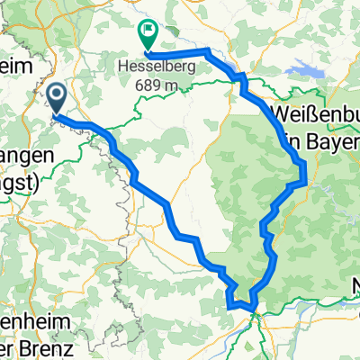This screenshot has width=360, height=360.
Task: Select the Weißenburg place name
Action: (x=314, y=113)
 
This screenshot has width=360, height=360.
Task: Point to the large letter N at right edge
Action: (x=355, y=290)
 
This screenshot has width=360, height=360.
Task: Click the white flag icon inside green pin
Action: (x=147, y=31)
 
